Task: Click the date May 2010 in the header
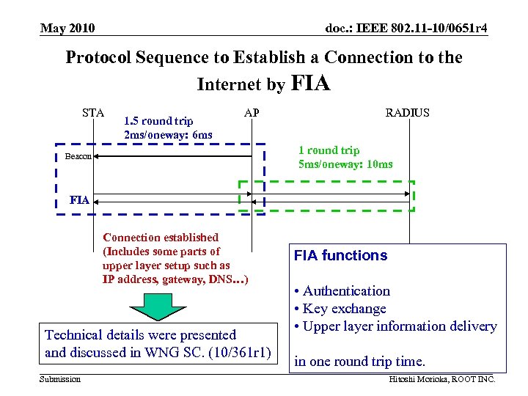click(x=67, y=29)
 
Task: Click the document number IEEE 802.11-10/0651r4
click(x=406, y=29)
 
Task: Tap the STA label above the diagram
click(x=93, y=112)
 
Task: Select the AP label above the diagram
click(x=251, y=112)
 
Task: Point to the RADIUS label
click(x=407, y=112)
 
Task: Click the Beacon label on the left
click(x=76, y=156)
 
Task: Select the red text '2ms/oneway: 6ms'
click(x=168, y=134)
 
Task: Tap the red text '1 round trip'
click(x=329, y=150)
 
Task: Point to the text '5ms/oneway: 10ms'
click(x=345, y=164)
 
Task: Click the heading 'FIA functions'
click(x=340, y=256)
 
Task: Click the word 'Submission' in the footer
click(x=60, y=378)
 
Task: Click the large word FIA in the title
click(x=311, y=83)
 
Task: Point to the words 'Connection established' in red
click(x=161, y=238)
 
